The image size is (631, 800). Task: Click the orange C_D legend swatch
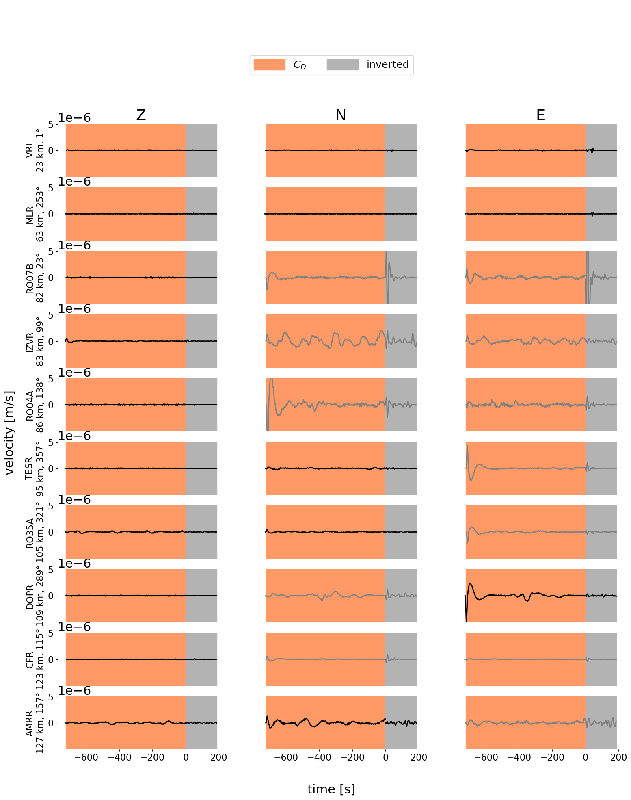[x=269, y=65]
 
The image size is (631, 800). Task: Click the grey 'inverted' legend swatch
[x=342, y=65]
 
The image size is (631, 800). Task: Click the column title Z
[x=141, y=115]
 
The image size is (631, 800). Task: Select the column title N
[x=341, y=115]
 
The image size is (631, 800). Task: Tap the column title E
[x=540, y=115]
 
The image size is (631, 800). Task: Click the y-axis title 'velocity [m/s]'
[x=10, y=433]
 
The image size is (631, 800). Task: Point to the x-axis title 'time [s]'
[x=331, y=789]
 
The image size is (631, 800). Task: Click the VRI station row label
[x=35, y=150]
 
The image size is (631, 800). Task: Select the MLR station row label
[x=35, y=214]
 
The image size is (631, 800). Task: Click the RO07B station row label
[x=35, y=278]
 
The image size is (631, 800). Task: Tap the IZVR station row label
[x=35, y=341]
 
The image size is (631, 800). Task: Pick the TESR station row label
[x=35, y=468]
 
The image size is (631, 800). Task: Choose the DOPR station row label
[x=35, y=596]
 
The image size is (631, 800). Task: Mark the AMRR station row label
[x=35, y=723]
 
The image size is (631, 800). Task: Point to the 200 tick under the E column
[x=618, y=757]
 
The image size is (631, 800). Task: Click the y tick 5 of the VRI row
[x=51, y=124]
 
